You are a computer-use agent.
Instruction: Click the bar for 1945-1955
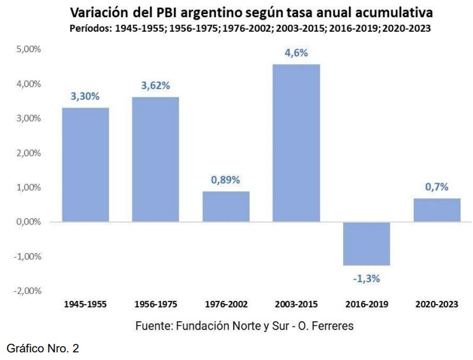85,165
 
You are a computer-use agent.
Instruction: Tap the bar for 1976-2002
226,206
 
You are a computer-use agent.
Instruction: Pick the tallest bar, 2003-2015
297,142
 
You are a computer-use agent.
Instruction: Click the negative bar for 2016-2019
367,244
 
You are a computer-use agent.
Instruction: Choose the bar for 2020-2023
437,210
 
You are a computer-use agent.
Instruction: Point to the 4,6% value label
297,53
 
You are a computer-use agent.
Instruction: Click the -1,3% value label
367,278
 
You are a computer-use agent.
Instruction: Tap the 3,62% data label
155,86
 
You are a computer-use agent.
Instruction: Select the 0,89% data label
226,180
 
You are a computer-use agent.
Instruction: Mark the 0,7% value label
437,186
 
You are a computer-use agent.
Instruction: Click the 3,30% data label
85,97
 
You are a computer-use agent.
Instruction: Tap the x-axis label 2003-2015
297,304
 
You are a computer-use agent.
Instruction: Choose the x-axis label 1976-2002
226,304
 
